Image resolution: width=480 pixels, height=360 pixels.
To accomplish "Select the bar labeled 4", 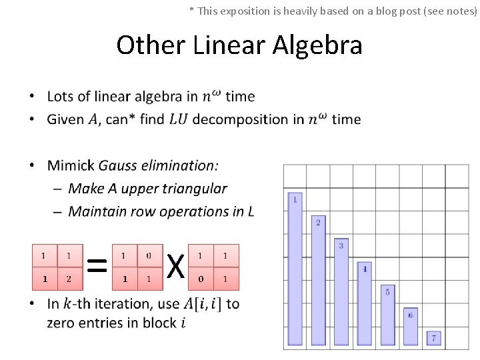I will click(364, 304).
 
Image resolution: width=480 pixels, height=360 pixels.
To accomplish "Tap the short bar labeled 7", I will click(433, 339).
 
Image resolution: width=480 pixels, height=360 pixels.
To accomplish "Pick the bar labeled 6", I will click(410, 327).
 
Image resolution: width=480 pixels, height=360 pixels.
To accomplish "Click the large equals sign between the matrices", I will click(97, 267).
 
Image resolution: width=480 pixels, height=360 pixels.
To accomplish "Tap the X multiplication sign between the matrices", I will click(175, 267).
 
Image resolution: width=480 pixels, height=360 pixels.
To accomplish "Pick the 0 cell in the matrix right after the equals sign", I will click(148, 256).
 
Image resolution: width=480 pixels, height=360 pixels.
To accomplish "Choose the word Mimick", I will click(71, 165).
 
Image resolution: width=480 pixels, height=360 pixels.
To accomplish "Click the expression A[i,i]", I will click(203, 304).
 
